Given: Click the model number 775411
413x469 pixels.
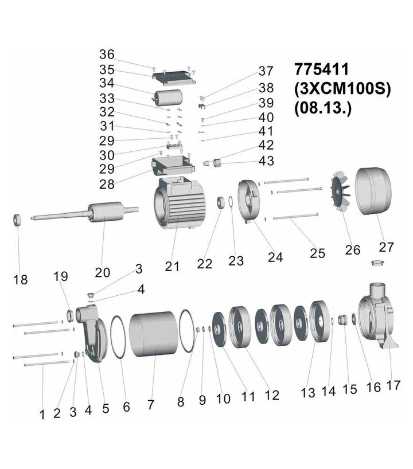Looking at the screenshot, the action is (x=322, y=69).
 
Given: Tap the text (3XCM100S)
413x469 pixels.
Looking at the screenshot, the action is (x=342, y=88).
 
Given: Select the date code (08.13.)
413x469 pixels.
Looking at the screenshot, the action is (x=323, y=108).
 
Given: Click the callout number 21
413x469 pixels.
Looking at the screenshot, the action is (x=172, y=266).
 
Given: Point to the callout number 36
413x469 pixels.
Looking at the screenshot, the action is (x=107, y=54).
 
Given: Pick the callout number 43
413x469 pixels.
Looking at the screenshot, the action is (x=266, y=161).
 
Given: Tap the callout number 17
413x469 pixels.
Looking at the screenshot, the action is (x=393, y=385).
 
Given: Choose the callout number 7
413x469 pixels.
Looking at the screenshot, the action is (x=151, y=405).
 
